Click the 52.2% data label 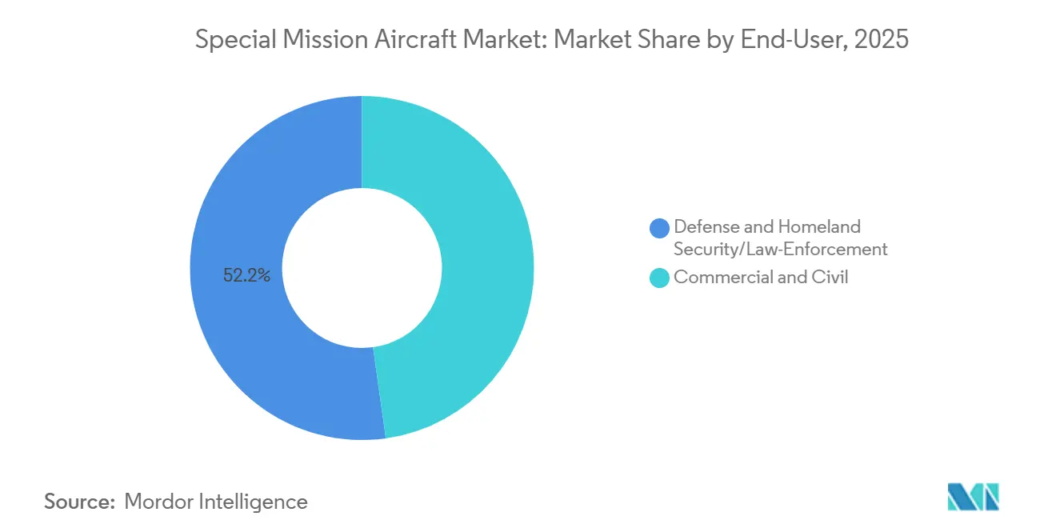247,276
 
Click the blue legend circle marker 660,228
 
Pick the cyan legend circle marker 660,278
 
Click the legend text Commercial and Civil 761,278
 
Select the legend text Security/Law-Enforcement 780,249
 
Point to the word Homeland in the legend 821,227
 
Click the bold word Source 78,502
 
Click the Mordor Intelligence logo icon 973,497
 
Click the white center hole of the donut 362,268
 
